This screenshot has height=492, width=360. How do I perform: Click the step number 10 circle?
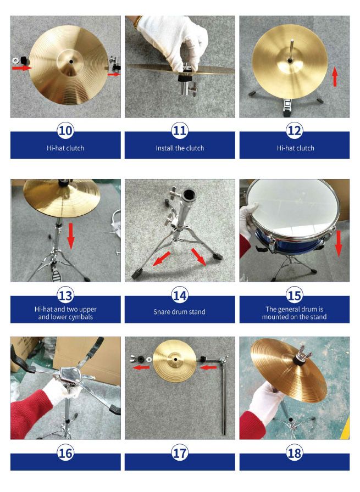[x=65, y=130]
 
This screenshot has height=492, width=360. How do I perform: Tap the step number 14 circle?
[x=180, y=295]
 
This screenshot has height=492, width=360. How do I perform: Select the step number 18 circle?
[x=294, y=453]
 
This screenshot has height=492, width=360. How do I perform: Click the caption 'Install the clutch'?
[x=180, y=148]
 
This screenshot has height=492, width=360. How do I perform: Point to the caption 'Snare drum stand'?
[x=180, y=312]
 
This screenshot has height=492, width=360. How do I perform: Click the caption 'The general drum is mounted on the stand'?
[x=294, y=312]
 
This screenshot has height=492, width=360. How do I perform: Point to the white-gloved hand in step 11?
[x=174, y=41]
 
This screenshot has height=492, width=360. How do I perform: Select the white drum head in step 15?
[x=291, y=206]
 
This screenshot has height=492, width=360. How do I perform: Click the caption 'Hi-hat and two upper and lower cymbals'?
[x=65, y=312]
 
